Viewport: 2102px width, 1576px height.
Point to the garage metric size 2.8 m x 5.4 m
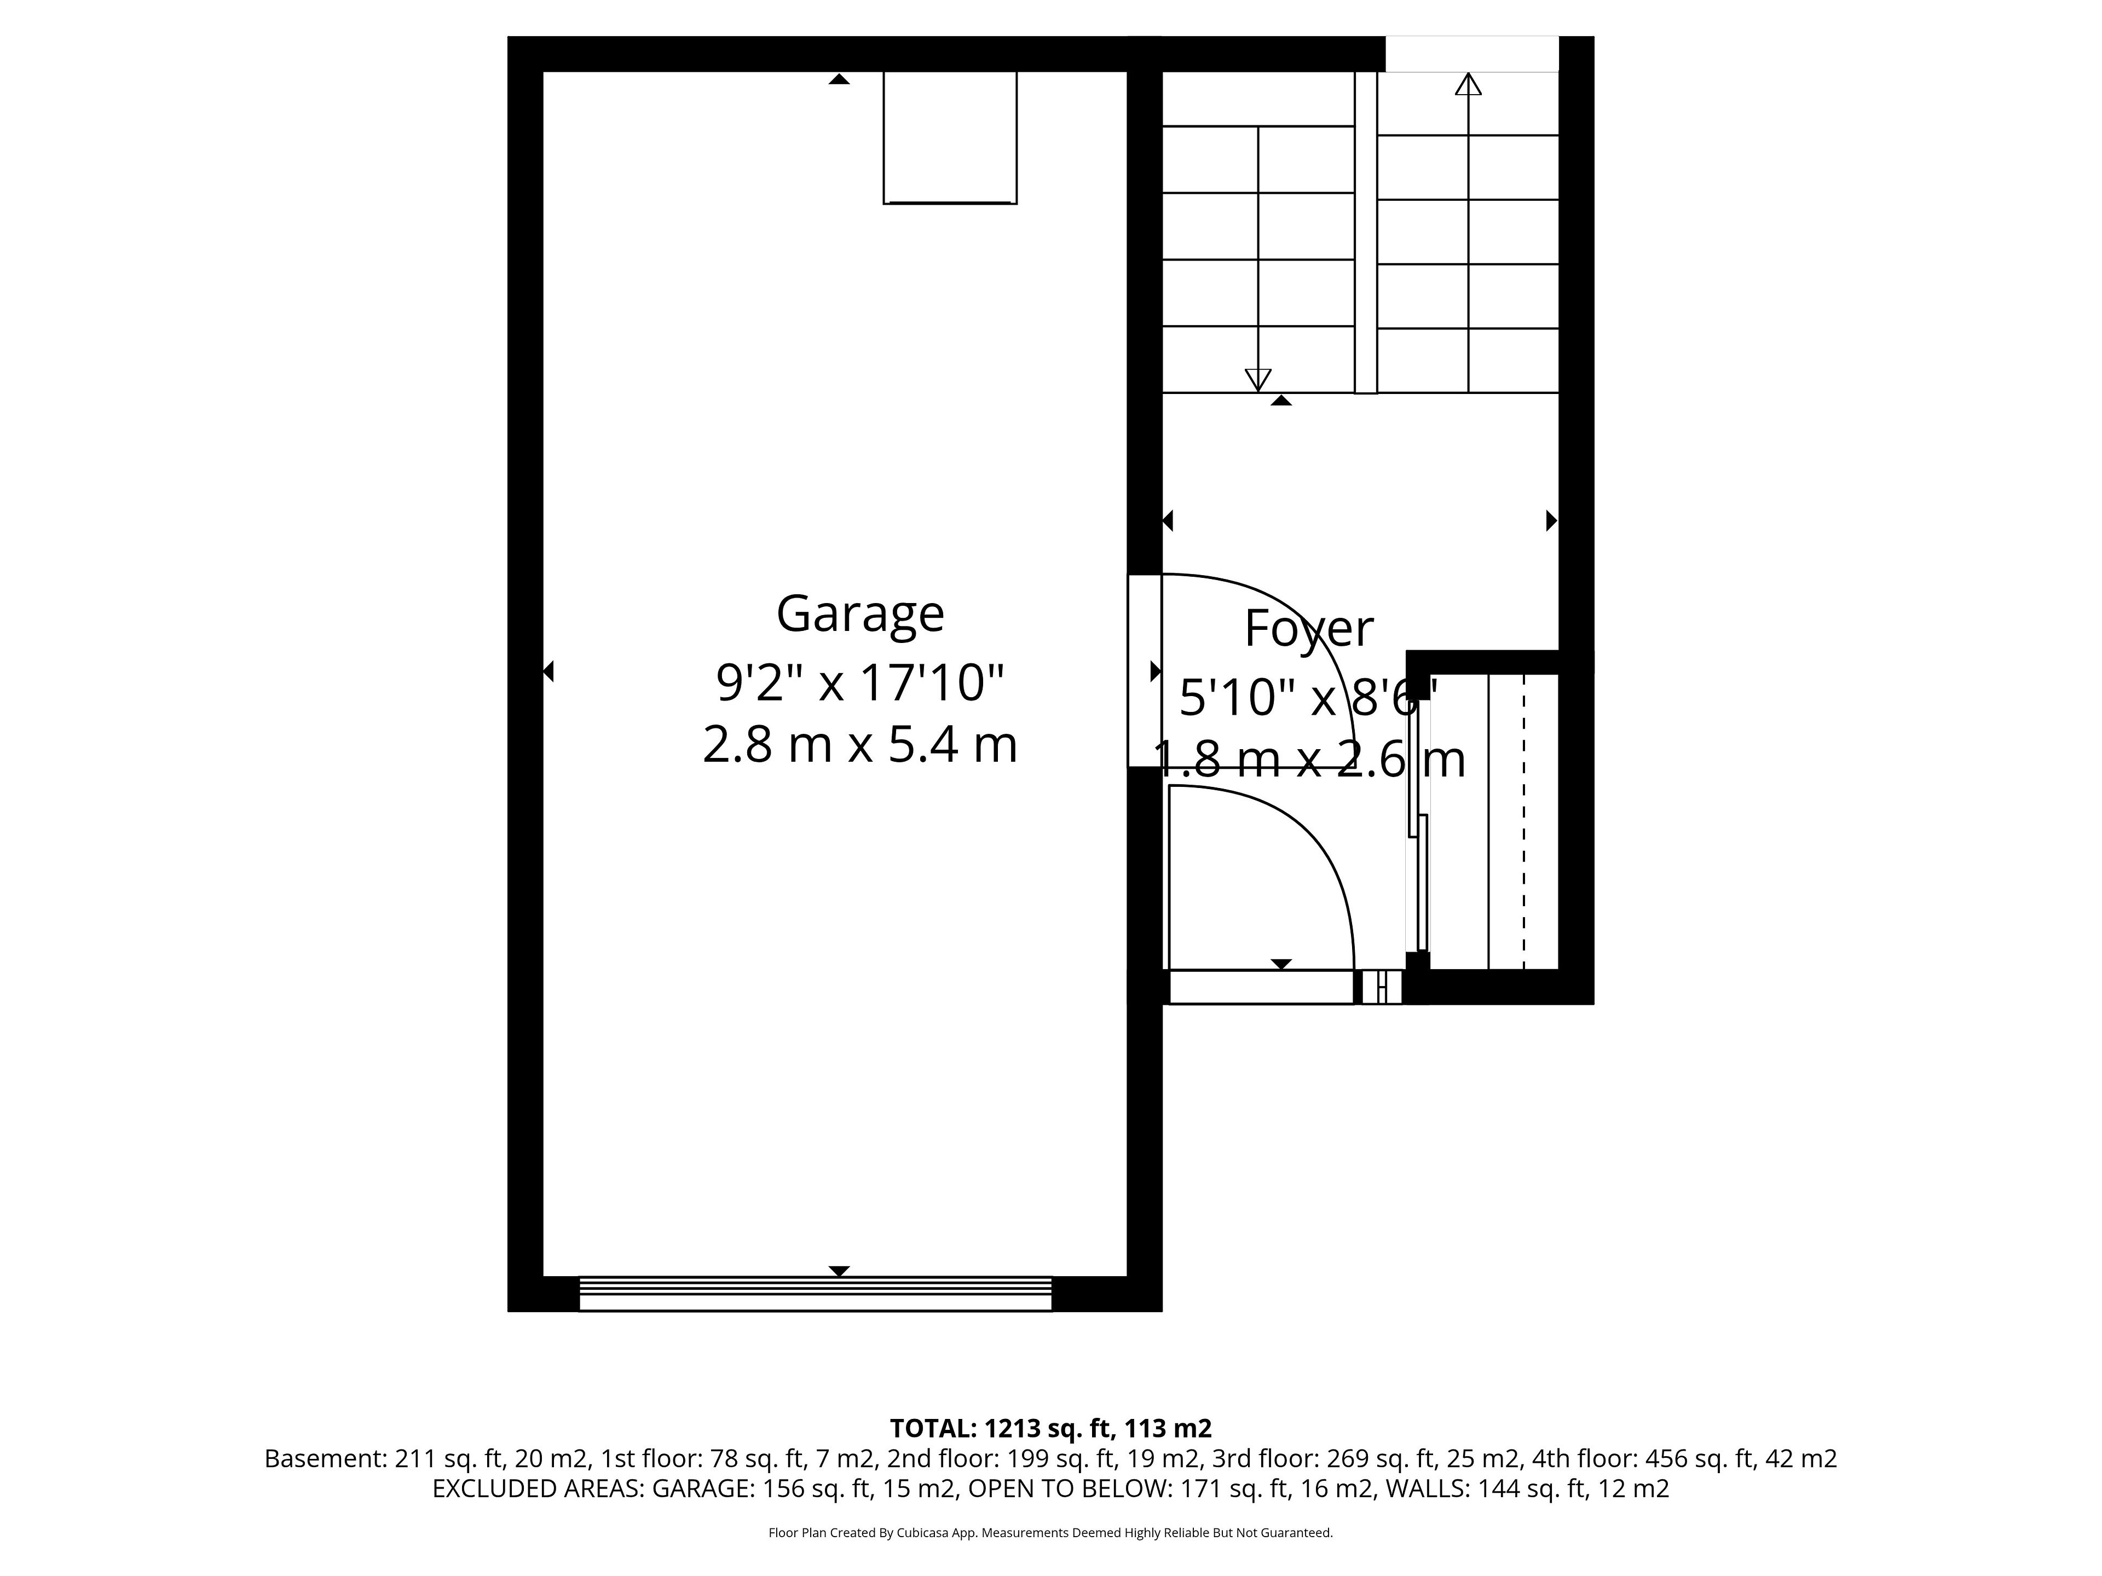860,745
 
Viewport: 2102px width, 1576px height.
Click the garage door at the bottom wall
815,1294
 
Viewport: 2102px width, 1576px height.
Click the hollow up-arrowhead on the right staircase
1468,85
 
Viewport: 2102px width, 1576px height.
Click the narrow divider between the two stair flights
1366,232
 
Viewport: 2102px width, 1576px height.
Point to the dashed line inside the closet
1523,822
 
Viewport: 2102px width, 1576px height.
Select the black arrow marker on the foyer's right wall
1552,520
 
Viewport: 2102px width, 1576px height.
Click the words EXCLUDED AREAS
538,1515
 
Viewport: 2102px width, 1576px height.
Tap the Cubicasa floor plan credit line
1050,1559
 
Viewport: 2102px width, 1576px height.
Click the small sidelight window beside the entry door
1382,987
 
